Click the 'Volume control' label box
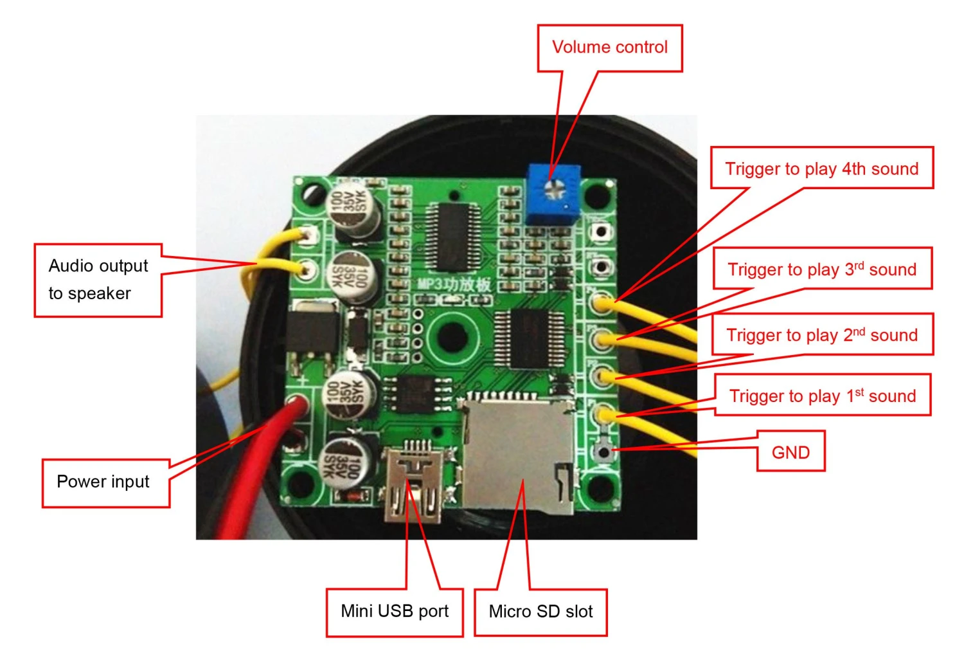click(609, 48)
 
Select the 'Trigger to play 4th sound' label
click(821, 169)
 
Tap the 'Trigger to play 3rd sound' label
click(822, 269)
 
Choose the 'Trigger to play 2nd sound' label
click(822, 334)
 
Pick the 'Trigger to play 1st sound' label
click(823, 396)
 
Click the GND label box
click(790, 452)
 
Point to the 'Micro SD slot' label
click(540, 612)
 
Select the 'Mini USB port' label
click(395, 611)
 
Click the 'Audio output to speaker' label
click(98, 280)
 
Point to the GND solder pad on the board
click(603, 452)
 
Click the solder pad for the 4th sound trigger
click(602, 302)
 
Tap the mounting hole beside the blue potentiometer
click(598, 194)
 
